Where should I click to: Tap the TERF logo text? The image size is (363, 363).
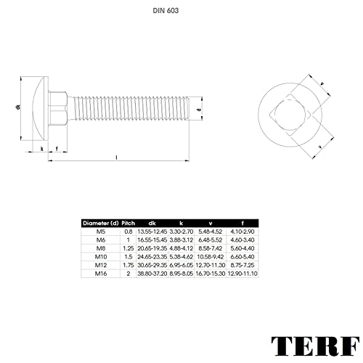[314, 345]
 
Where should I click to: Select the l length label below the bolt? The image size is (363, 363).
[116, 156]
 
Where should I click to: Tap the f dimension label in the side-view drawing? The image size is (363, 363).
[57, 148]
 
